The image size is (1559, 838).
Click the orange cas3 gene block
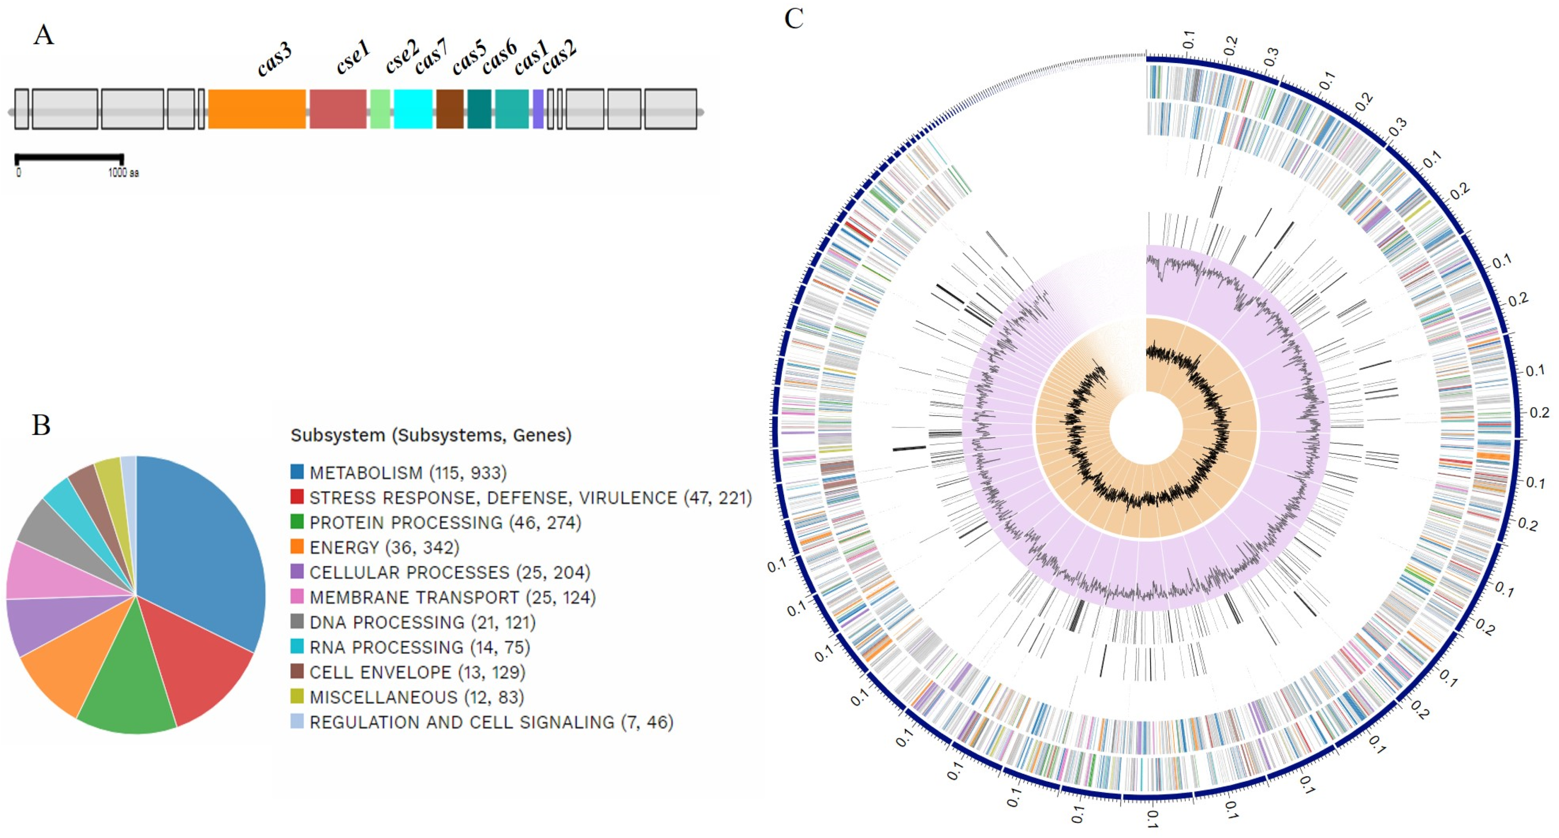[257, 109]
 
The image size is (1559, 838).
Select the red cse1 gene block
[338, 109]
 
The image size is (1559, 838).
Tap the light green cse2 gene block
[380, 109]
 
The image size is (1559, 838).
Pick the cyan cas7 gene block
[413, 109]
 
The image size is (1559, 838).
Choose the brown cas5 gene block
[450, 109]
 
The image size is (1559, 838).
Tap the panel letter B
[41, 426]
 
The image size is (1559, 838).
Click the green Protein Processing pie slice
[127, 684]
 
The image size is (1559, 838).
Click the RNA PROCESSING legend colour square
[296, 647]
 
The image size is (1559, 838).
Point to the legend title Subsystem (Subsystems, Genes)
[431, 435]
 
